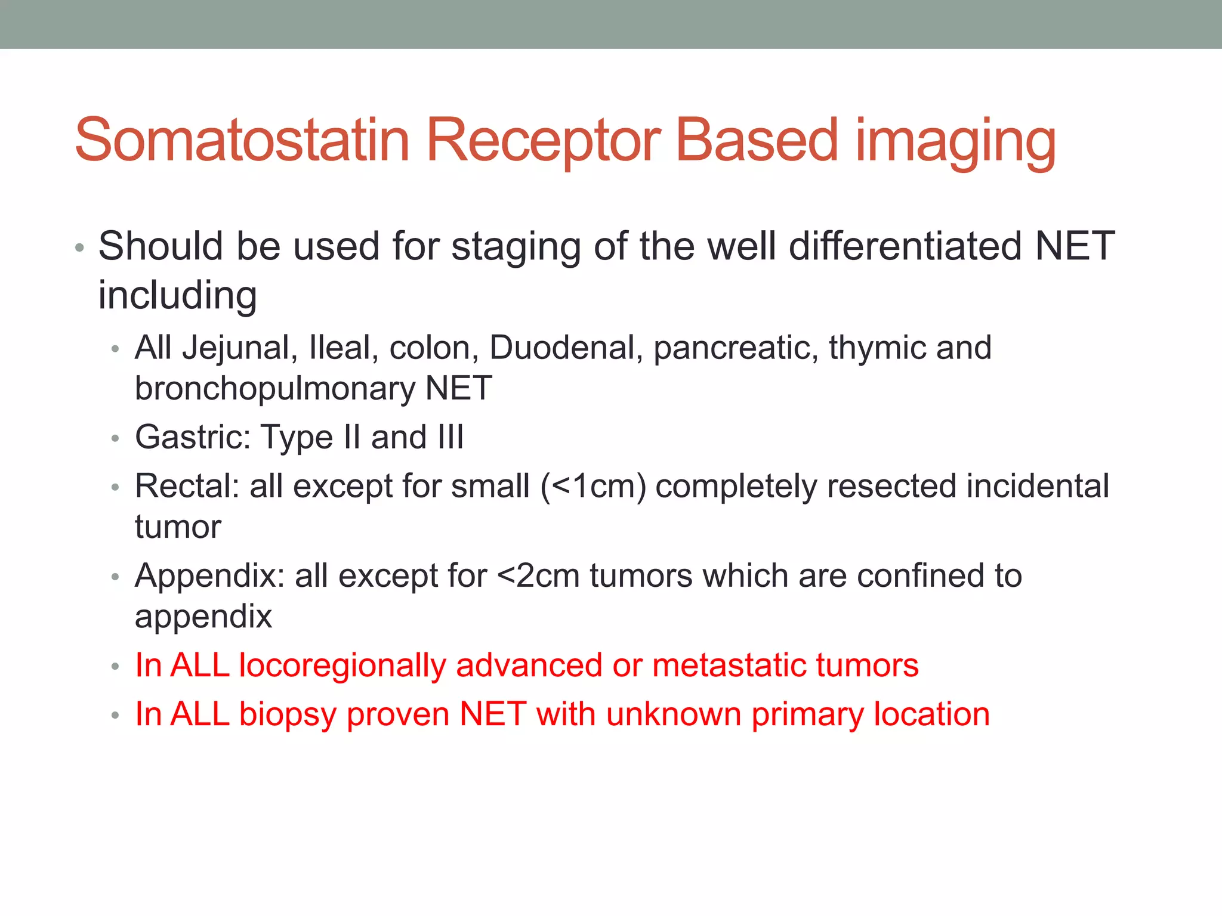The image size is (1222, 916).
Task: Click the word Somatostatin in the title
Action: pos(242,140)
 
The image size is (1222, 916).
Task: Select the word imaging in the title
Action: pos(956,143)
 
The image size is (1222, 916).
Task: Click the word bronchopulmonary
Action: pos(274,389)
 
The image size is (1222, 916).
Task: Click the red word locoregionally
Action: pos(342,666)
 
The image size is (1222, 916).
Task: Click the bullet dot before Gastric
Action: pos(115,439)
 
